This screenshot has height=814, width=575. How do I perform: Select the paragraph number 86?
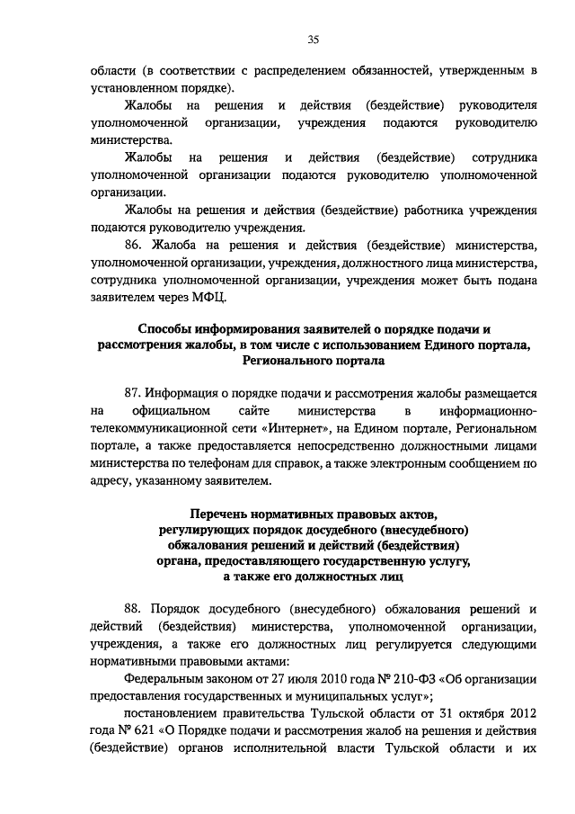click(x=133, y=245)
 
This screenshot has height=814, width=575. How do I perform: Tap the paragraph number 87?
click(x=132, y=393)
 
